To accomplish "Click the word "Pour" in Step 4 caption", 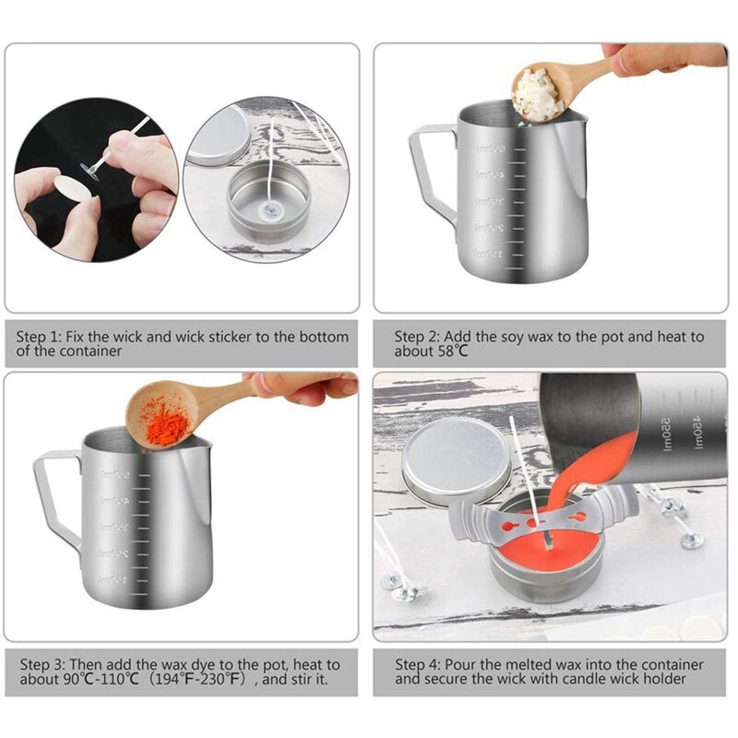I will pos(462,664).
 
